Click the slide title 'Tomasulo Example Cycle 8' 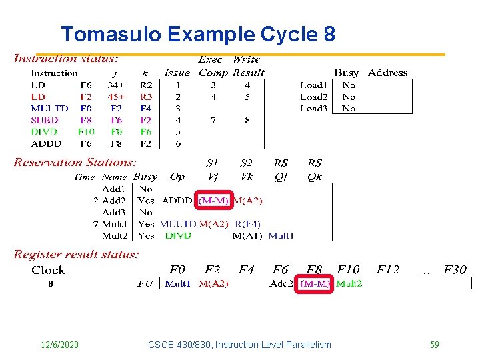click(198, 34)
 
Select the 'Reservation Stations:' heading click(75, 162)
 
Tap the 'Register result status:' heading click(77, 254)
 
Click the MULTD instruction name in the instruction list click(49, 108)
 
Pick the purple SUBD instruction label click(45, 120)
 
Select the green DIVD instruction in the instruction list click(45, 131)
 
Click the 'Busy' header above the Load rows click(347, 73)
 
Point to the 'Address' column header click(387, 73)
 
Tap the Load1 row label click(313, 85)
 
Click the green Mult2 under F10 click(349, 283)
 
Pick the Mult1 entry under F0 click(177, 283)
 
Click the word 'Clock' click(48, 270)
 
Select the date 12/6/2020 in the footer click(59, 345)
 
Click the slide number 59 click(434, 345)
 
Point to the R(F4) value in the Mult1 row click(247, 223)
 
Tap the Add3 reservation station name click(114, 212)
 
